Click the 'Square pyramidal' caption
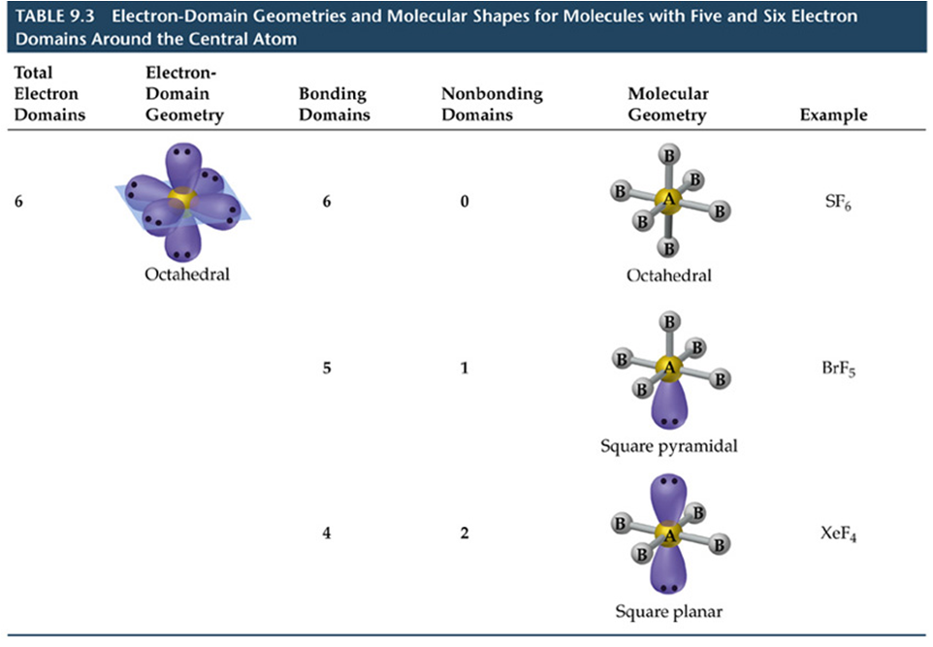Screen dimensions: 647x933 (668, 446)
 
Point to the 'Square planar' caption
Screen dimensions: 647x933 (668, 611)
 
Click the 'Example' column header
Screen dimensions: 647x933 (833, 114)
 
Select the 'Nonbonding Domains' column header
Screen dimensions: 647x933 (492, 105)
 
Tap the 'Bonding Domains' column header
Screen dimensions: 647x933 (334, 105)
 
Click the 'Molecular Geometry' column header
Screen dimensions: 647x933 (668, 105)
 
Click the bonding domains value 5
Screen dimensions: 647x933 (327, 369)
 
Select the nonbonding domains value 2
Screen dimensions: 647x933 (465, 534)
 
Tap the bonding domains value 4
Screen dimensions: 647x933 (327, 534)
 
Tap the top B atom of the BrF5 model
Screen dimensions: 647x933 (668, 322)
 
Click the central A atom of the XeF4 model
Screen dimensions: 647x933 (668, 534)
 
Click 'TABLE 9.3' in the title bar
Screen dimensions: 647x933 (48, 17)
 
